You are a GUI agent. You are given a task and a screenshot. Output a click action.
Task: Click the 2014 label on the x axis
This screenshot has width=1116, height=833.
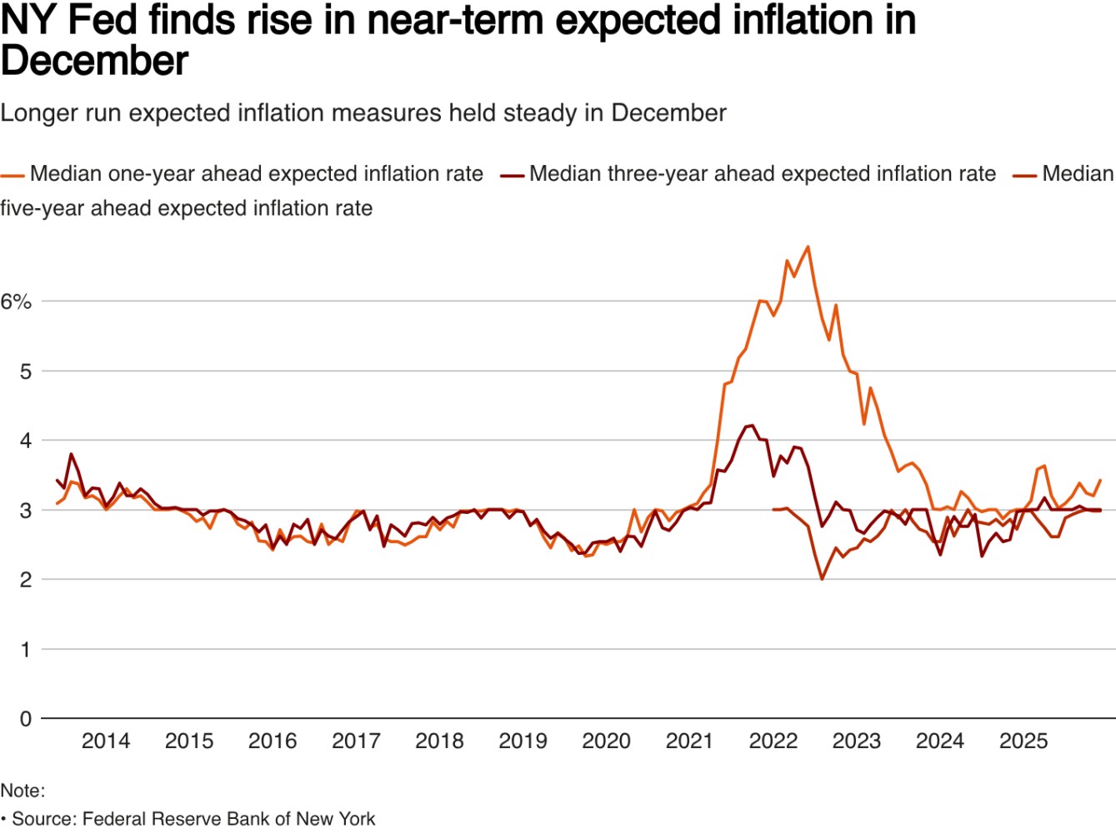[106, 741]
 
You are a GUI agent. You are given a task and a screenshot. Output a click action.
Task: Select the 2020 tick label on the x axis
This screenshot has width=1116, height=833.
[606, 741]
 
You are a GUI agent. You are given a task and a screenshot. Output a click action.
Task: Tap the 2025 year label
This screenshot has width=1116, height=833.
[1023, 741]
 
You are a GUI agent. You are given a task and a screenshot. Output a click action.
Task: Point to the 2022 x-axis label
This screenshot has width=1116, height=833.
[773, 741]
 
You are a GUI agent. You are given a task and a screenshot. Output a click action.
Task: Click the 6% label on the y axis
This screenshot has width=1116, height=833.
[16, 302]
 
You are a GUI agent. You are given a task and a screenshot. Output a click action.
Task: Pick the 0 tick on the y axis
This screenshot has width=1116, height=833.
[26, 719]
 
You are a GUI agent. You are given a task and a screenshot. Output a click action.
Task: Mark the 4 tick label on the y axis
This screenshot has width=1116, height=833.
[26, 441]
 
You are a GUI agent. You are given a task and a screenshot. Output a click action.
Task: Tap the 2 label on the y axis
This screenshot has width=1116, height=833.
[26, 580]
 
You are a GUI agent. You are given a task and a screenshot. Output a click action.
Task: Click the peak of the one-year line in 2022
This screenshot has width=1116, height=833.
[808, 247]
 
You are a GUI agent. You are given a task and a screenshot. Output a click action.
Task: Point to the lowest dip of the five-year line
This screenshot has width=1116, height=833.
[822, 579]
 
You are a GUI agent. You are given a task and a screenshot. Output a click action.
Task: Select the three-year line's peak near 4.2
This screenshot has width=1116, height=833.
[753, 425]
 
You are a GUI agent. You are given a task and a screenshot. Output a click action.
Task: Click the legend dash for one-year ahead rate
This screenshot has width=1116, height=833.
[13, 176]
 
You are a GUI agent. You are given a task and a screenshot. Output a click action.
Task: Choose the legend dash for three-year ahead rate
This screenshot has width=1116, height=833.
[512, 176]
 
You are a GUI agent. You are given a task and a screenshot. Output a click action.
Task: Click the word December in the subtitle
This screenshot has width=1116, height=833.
[668, 113]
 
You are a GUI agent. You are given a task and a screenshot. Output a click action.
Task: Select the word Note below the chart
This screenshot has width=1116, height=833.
[21, 791]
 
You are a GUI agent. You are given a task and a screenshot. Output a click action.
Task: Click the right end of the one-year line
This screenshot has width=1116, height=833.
[1101, 480]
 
